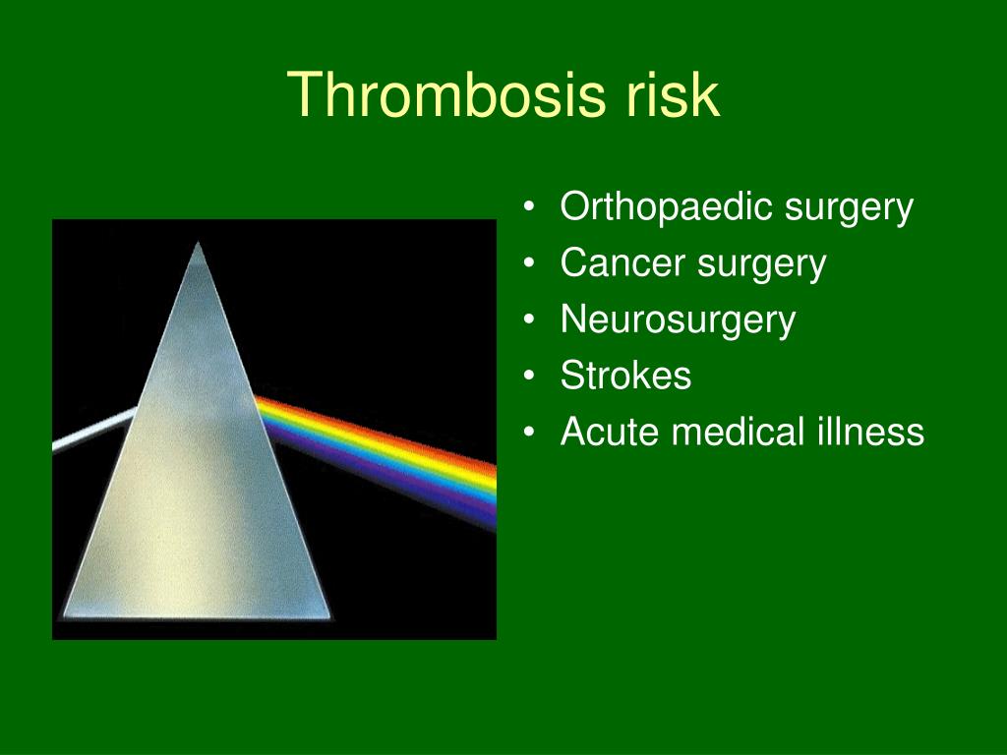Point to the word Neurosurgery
[x=679, y=320]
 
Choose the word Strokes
[x=625, y=375]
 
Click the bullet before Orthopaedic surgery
[x=528, y=206]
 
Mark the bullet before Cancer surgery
[x=528, y=262]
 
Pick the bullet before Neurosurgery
[x=528, y=319]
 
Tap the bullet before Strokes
[x=528, y=375]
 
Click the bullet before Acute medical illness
[x=528, y=431]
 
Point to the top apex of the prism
[x=198, y=243]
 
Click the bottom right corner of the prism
[x=330, y=617]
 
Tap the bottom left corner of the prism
[x=63, y=616]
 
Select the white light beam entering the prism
[x=94, y=429]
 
